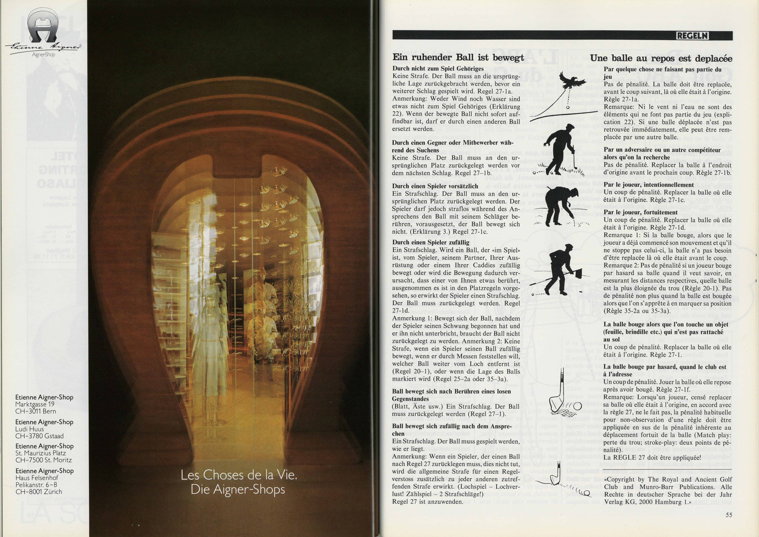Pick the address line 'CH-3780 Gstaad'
pos(39,436)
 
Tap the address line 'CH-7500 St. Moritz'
pos(44,460)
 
